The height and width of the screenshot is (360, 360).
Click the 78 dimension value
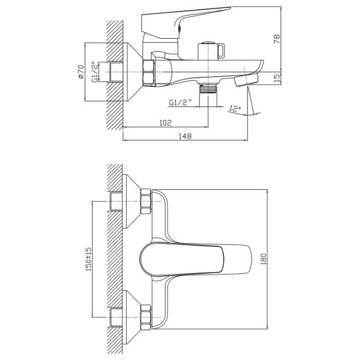[277, 39]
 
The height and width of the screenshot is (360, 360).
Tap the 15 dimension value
[277, 78]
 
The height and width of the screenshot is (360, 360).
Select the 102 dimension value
[166, 123]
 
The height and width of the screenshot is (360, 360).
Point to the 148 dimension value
[185, 136]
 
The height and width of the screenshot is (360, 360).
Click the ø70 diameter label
[81, 72]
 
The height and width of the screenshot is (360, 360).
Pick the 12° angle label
[235, 108]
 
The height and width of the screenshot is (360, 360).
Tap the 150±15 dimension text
[89, 259]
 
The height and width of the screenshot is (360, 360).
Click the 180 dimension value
[263, 259]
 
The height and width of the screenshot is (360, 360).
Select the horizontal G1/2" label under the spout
[181, 102]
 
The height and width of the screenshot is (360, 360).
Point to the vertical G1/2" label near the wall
[95, 72]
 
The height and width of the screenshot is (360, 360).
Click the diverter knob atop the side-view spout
[212, 51]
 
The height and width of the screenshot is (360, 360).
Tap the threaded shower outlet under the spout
[208, 88]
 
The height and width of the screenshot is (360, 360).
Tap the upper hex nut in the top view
[146, 202]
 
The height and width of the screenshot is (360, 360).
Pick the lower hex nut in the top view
[146, 317]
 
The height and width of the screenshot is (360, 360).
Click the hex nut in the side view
[148, 72]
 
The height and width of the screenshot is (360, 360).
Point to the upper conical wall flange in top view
[132, 202]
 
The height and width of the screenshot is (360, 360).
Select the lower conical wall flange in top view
[132, 317]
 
